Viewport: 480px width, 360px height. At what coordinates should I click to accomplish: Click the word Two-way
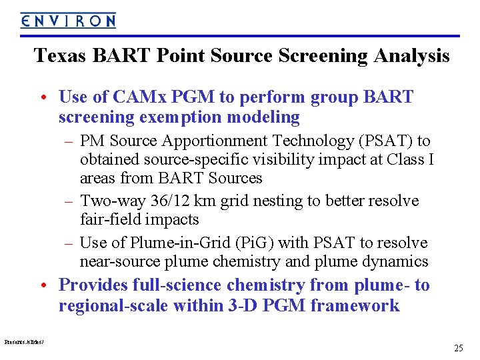click(x=108, y=201)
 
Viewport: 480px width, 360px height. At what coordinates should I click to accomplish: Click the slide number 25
click(x=458, y=348)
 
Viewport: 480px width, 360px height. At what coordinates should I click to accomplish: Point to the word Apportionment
click(x=203, y=141)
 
